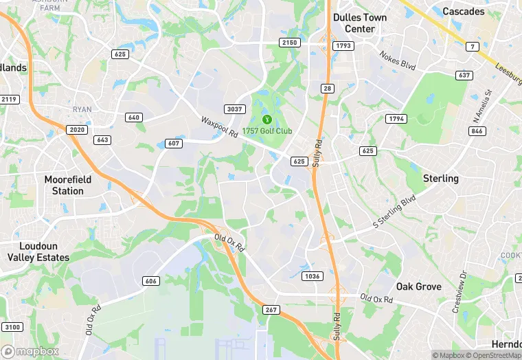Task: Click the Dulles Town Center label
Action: click(x=359, y=23)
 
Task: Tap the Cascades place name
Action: click(x=463, y=11)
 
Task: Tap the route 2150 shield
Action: click(x=290, y=43)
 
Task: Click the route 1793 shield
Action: click(x=343, y=46)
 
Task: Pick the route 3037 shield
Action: click(x=235, y=109)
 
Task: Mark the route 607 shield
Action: click(x=174, y=143)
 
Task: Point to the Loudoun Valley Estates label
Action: click(x=38, y=251)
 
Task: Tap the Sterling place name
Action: click(x=440, y=178)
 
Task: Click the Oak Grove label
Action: click(x=418, y=286)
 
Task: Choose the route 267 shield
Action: click(x=271, y=310)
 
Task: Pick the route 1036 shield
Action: click(x=312, y=275)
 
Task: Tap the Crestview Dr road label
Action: click(x=459, y=291)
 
